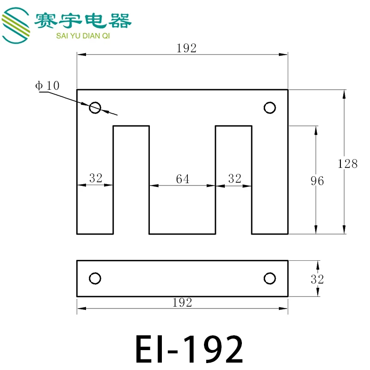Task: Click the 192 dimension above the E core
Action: (x=186, y=48)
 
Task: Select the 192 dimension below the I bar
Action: (x=182, y=302)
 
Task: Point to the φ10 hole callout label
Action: (x=47, y=86)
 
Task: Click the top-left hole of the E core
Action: (x=95, y=108)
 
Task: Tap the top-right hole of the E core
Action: (x=270, y=108)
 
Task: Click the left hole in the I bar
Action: (x=95, y=278)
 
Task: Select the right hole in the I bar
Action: (x=270, y=278)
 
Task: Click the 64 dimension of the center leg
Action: (x=182, y=179)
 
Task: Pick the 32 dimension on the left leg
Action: (x=96, y=178)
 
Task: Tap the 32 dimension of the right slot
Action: (x=234, y=179)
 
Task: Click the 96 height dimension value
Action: (x=317, y=181)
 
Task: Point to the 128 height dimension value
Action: (x=347, y=164)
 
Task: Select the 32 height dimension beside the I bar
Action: (x=317, y=279)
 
